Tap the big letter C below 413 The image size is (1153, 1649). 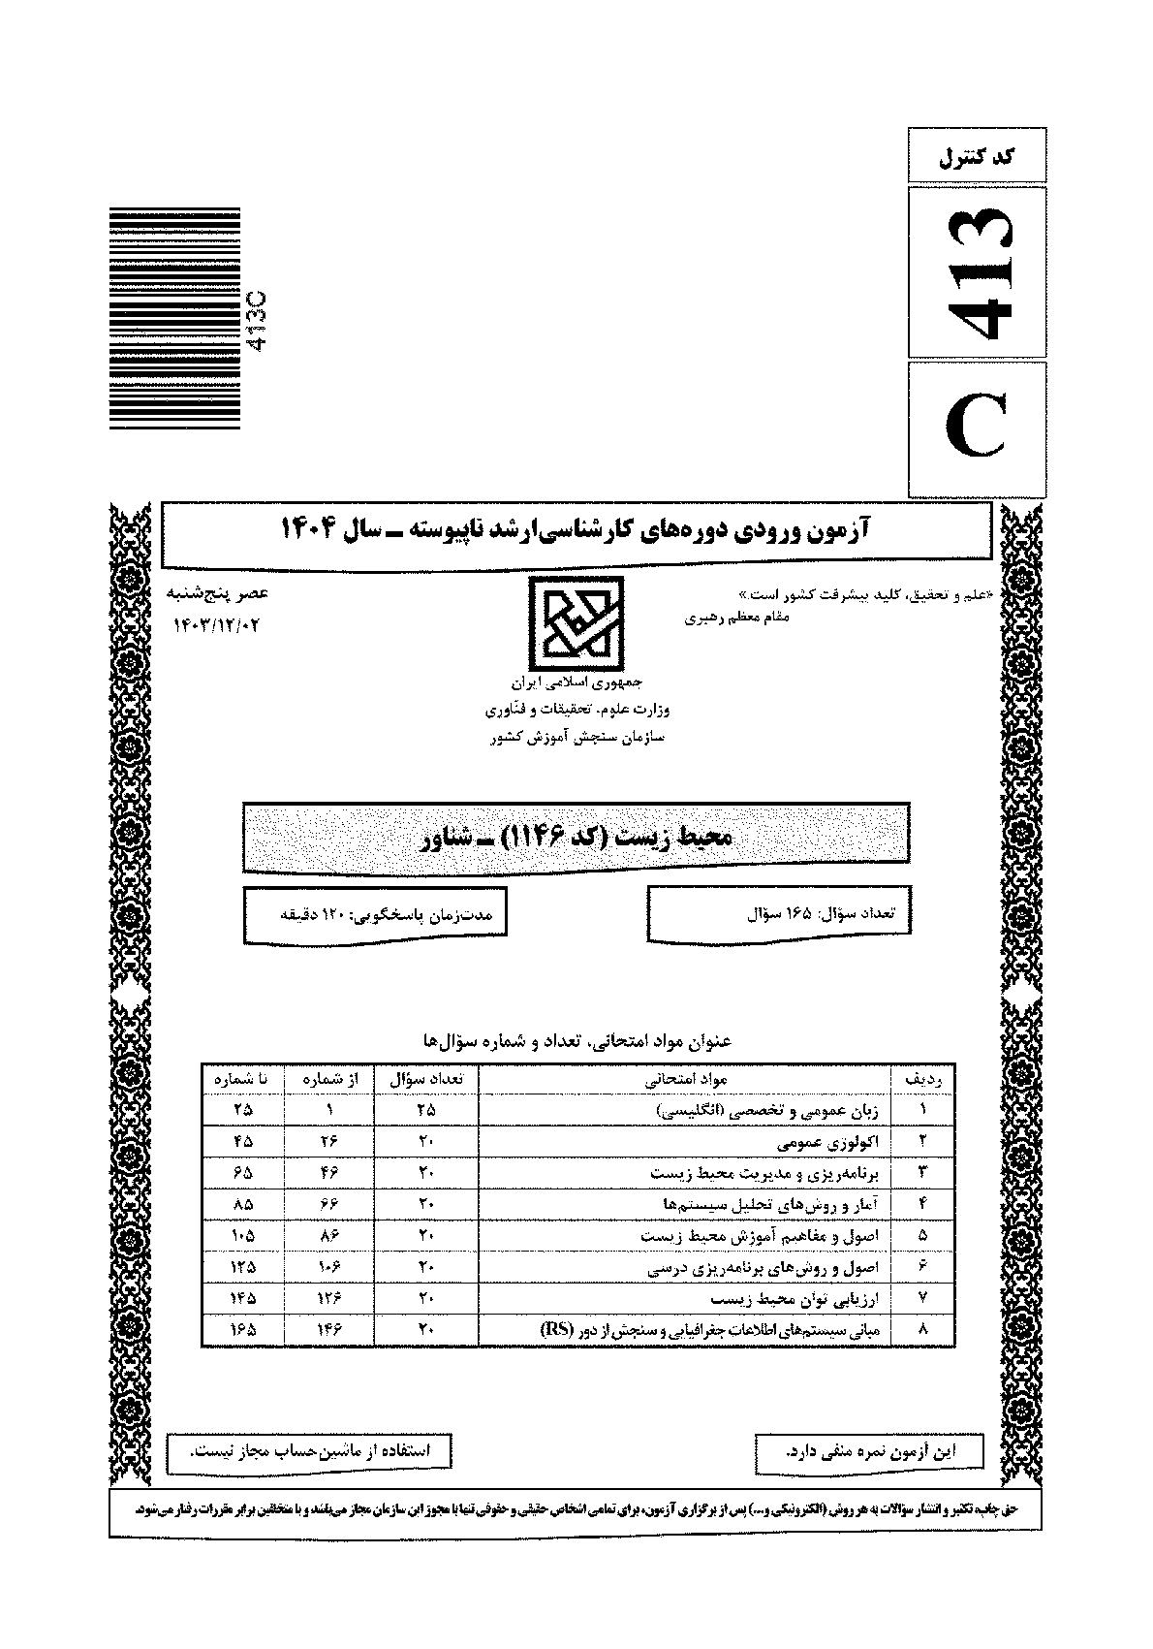pyautogui.click(x=977, y=429)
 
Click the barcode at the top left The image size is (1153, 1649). pyautogui.click(x=174, y=320)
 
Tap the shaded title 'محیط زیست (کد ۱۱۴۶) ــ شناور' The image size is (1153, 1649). pyautogui.click(x=576, y=836)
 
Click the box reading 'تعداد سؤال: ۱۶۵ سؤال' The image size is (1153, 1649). pyautogui.click(x=779, y=913)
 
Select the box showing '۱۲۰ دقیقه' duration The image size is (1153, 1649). pyautogui.click(x=374, y=913)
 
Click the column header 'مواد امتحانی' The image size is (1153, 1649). pyautogui.click(x=685, y=1078)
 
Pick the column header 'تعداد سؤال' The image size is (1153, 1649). pyautogui.click(x=425, y=1078)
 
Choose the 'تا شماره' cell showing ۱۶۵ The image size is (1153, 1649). pyautogui.click(x=242, y=1330)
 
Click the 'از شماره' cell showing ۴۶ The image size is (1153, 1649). pyautogui.click(x=328, y=1172)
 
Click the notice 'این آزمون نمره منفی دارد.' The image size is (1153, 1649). pyautogui.click(x=868, y=1451)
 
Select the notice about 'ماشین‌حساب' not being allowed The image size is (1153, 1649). pyautogui.click(x=309, y=1451)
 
